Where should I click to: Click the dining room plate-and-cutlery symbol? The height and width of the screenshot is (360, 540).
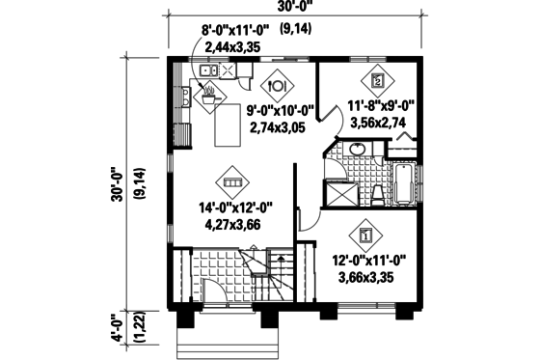278,84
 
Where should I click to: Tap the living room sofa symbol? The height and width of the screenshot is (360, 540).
232,181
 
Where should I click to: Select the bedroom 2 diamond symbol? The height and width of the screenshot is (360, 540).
377,81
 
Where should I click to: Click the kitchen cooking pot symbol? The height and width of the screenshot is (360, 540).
207,93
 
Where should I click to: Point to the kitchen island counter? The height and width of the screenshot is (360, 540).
228,126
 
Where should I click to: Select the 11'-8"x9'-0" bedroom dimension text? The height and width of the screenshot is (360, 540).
381,108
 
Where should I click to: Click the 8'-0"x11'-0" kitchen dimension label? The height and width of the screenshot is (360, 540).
235,31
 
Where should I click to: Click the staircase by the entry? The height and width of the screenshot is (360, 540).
279,274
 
